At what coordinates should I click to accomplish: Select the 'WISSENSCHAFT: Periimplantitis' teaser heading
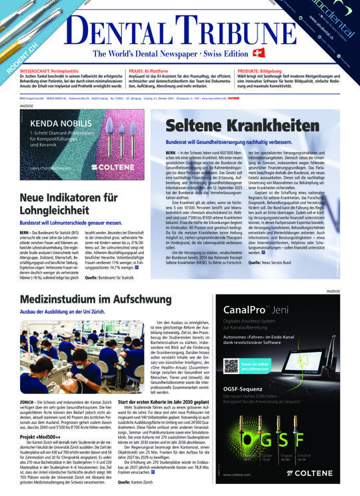coord(57,69)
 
